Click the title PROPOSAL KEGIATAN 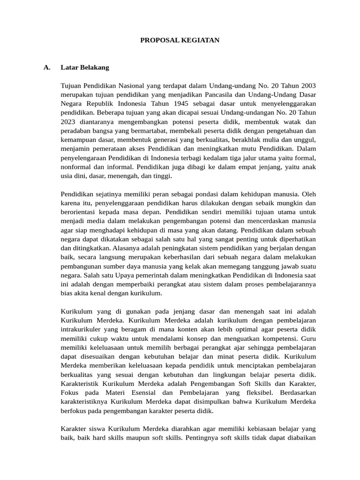(x=180, y=41)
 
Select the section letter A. (x=47, y=67)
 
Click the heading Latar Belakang (x=85, y=67)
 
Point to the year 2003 (x=307, y=86)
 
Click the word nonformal (x=76, y=167)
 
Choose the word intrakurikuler (x=82, y=330)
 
